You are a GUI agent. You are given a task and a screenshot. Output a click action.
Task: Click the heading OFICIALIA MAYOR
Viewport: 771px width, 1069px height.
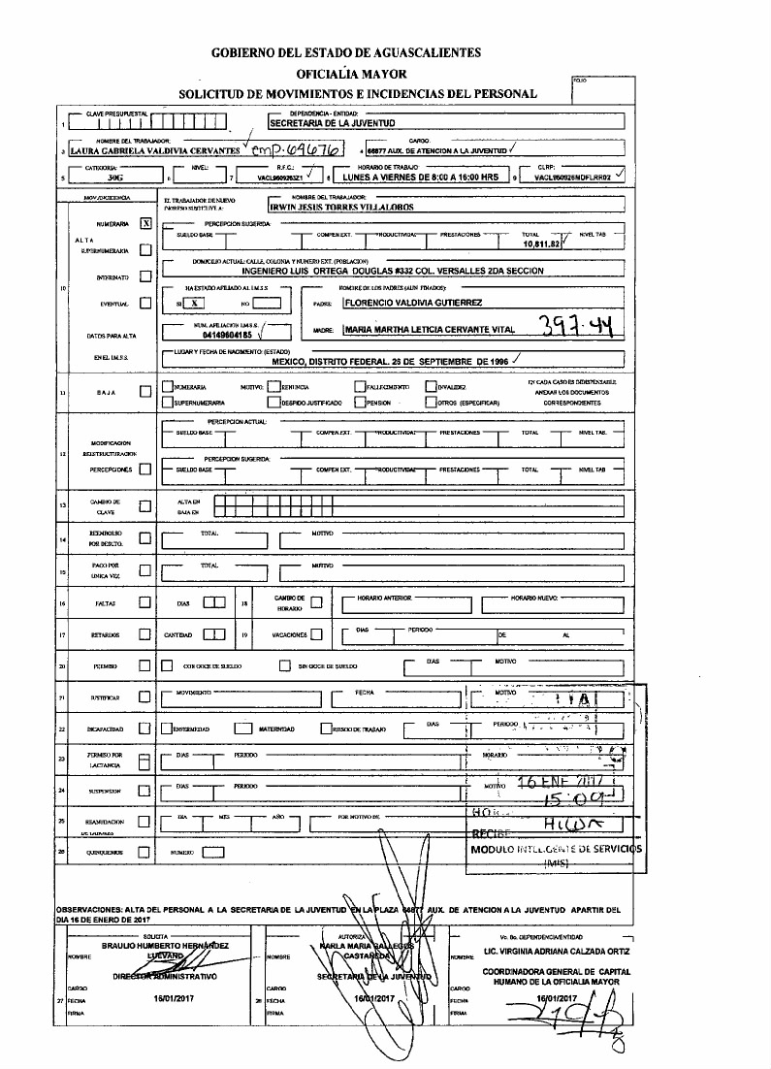pos(351,73)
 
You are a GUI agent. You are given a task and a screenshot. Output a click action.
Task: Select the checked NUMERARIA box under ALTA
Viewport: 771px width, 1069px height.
pos(145,222)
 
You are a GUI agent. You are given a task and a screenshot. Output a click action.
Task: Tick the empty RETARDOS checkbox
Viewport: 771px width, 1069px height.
pos(145,635)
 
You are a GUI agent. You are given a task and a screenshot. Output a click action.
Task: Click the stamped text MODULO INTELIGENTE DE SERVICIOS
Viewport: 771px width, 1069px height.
pos(556,848)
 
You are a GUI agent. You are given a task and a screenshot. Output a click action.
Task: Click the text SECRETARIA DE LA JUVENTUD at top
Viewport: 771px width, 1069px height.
pos(332,124)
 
